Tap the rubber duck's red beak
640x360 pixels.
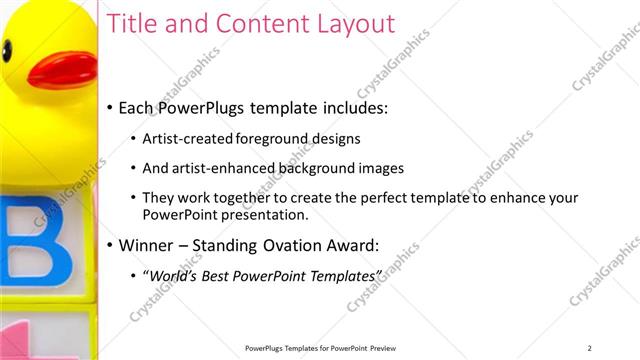[61, 69]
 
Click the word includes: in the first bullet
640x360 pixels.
[351, 107]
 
